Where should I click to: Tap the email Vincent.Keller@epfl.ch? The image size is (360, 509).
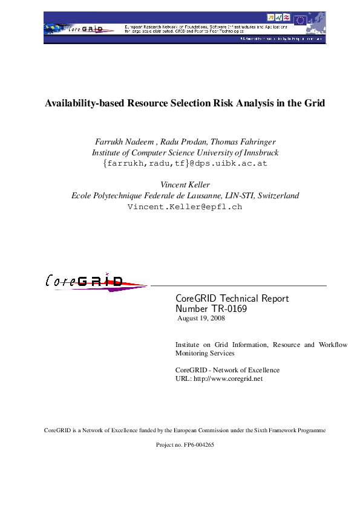[x=185, y=207]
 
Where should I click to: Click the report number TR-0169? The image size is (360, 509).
[x=227, y=308]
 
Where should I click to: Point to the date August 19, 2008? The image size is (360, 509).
[x=201, y=318]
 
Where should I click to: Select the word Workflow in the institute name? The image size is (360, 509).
[x=333, y=345]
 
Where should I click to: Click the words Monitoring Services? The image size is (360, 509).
[x=205, y=353]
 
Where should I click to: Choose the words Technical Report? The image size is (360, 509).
[x=249, y=299]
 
